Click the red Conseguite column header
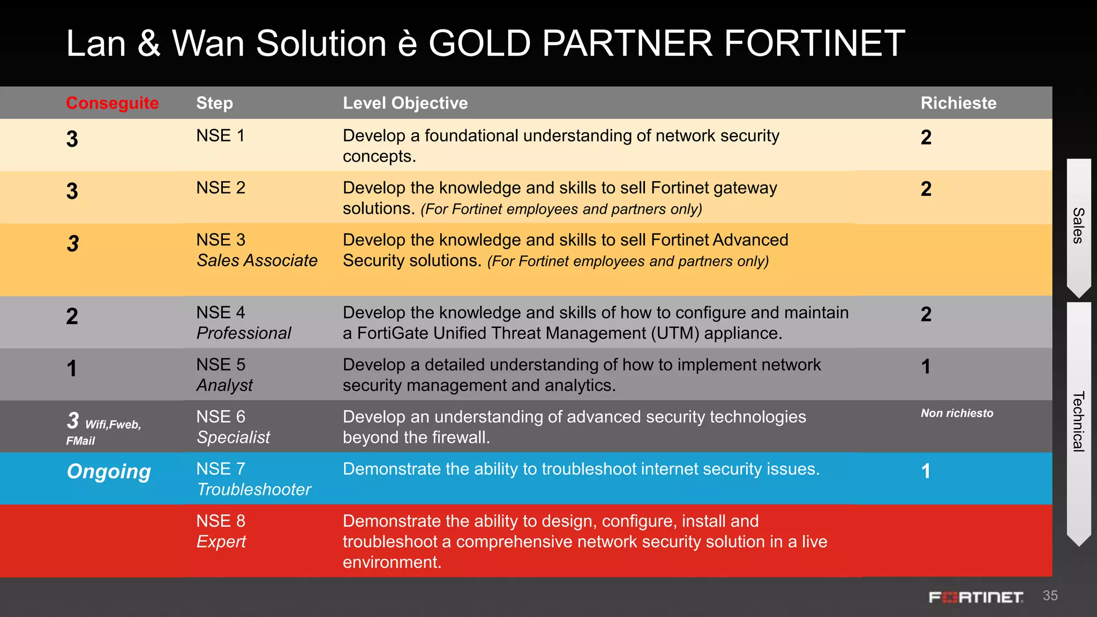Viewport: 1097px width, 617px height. pos(112,103)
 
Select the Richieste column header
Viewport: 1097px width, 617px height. pos(958,103)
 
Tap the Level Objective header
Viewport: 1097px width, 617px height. pos(405,103)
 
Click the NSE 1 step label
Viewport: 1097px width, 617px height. pos(220,136)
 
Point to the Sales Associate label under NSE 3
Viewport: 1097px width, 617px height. pos(257,261)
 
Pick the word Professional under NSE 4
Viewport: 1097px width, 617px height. pos(244,333)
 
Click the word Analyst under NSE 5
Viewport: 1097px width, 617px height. pos(224,385)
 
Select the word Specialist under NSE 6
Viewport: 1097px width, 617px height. pos(234,437)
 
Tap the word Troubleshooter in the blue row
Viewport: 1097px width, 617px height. pos(254,490)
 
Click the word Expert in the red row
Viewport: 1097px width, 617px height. pos(221,541)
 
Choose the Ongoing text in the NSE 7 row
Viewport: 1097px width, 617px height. pos(109,471)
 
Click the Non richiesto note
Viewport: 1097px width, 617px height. pos(957,413)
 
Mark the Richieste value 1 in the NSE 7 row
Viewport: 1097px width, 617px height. pos(926,471)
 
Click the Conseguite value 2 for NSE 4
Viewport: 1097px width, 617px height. pos(72,317)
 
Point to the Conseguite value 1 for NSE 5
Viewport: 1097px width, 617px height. pos(72,368)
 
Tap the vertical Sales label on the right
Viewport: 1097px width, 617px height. pos(1078,225)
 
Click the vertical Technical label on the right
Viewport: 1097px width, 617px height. pos(1078,422)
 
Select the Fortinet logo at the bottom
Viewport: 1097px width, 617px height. pos(976,597)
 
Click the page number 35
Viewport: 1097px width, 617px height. pos(1050,596)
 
